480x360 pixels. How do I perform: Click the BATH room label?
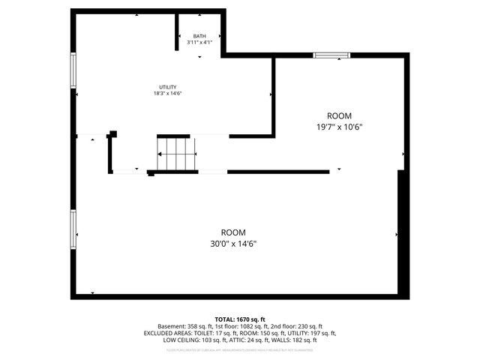[199, 36]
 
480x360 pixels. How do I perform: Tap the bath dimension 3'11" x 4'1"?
[199, 43]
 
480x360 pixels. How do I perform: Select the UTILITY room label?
[167, 87]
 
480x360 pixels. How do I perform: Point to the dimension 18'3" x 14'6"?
[167, 94]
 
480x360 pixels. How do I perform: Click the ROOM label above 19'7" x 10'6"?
[339, 115]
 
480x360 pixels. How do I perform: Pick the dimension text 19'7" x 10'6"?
[339, 127]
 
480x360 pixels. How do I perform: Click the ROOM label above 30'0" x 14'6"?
[232, 232]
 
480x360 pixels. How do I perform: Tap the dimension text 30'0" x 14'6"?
[232, 244]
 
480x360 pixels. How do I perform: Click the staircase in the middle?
[176, 154]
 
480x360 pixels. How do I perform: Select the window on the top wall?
[331, 54]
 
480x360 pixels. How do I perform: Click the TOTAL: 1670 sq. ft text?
[240, 319]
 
